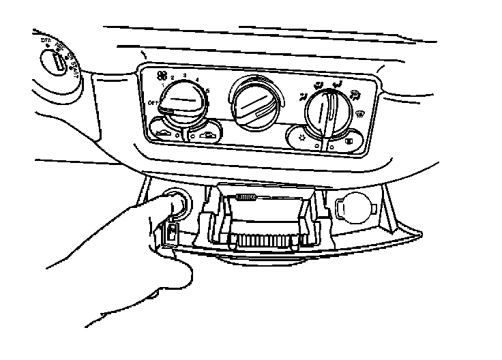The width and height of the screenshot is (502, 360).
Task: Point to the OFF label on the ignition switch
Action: click(x=46, y=40)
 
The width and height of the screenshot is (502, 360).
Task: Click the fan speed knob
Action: click(x=180, y=103)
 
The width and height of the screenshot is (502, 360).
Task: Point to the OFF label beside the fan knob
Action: click(x=154, y=103)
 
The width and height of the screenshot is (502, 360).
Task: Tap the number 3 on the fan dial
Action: click(x=186, y=72)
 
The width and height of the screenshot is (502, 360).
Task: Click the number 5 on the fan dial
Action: click(x=207, y=91)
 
